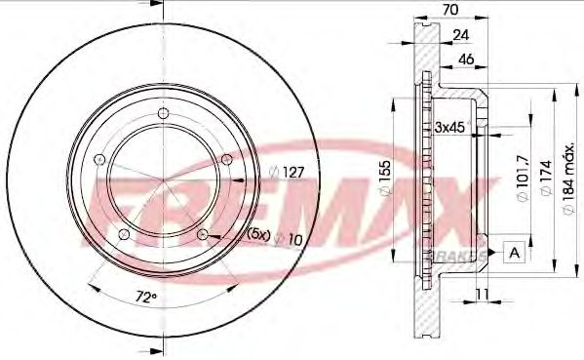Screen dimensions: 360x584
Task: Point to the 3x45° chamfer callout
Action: (x=452, y=126)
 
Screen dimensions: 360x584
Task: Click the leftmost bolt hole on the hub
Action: (x=98, y=162)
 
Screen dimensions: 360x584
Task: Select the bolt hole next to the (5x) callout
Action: (x=203, y=234)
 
